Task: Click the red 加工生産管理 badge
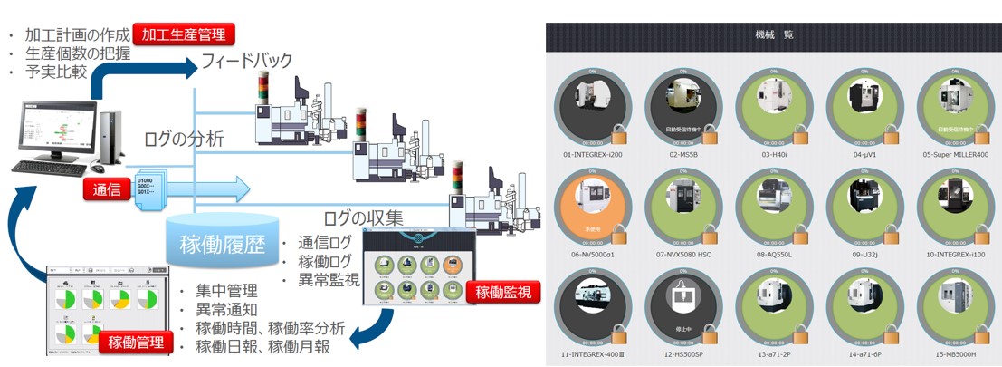click(184, 34)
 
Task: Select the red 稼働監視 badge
click(499, 292)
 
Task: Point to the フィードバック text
click(247, 62)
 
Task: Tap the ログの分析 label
click(185, 140)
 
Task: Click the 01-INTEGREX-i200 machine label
click(592, 154)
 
